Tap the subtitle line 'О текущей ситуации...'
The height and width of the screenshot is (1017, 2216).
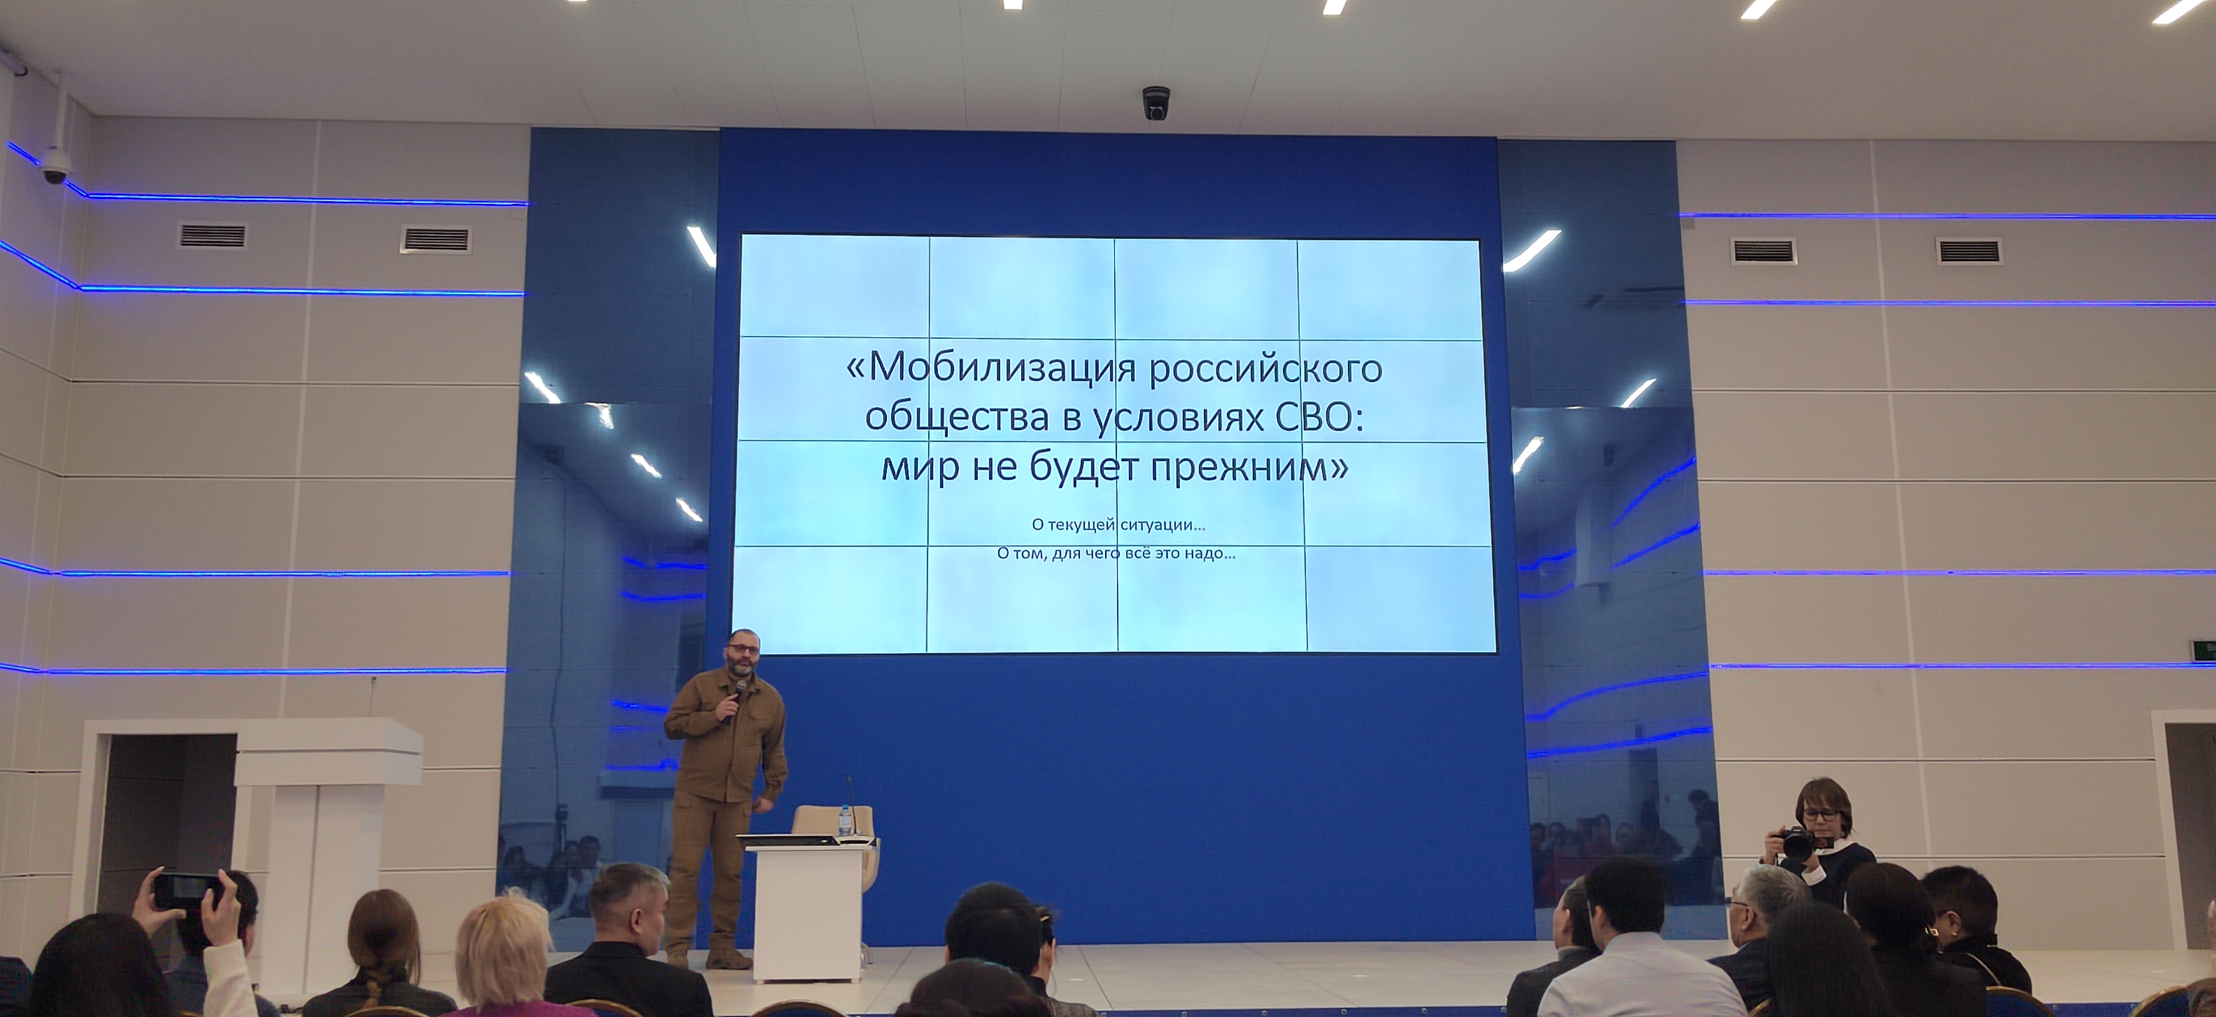[x=1118, y=523]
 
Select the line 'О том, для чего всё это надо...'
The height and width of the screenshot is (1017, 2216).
[x=1116, y=553]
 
